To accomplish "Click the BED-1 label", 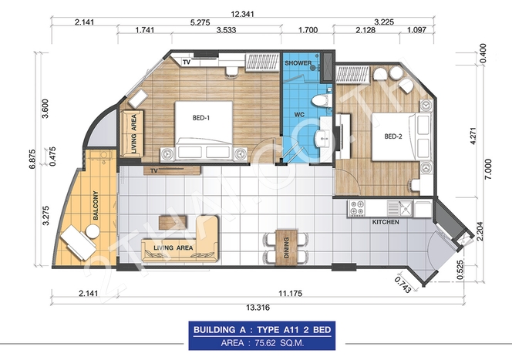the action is [x=200, y=118].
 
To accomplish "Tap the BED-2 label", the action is [x=393, y=136].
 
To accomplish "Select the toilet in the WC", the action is [x=322, y=99].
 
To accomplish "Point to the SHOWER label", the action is [x=298, y=63].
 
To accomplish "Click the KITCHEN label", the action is [x=386, y=222].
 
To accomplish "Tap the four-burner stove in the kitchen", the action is [x=356, y=208].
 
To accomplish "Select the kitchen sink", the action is [x=400, y=208].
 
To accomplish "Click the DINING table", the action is [x=286, y=247].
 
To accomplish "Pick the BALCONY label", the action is [x=96, y=205].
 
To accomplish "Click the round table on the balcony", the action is [x=93, y=231].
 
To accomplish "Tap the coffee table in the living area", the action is [x=173, y=222].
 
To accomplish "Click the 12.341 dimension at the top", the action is [x=242, y=14].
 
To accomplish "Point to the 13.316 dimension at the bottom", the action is [x=258, y=308].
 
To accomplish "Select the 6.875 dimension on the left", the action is [x=32, y=159].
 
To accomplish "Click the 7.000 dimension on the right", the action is [x=488, y=169].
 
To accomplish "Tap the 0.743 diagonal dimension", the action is [x=403, y=284].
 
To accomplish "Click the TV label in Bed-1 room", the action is [x=187, y=62].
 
